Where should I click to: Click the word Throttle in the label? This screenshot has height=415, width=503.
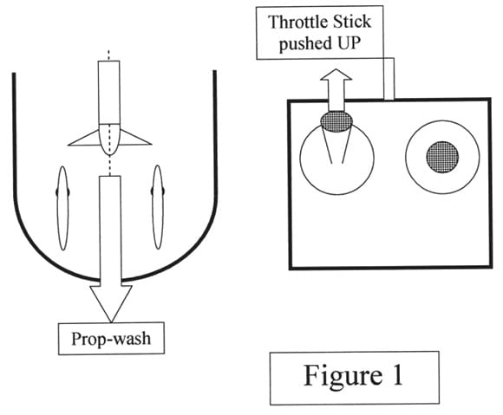click(297, 22)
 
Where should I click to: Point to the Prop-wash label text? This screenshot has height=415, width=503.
click(111, 339)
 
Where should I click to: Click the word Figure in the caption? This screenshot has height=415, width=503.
click(343, 376)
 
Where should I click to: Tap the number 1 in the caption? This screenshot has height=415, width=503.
click(398, 374)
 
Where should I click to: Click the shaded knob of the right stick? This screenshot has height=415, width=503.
click(442, 157)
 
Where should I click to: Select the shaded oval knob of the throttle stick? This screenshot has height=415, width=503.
click(336, 121)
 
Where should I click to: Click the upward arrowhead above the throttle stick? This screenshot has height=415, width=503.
click(336, 75)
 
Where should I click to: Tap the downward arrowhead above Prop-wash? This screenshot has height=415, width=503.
click(111, 303)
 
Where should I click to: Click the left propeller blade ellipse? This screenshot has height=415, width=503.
click(62, 208)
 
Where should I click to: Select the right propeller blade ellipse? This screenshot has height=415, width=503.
click(158, 207)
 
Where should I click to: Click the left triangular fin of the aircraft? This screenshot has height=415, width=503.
click(84, 139)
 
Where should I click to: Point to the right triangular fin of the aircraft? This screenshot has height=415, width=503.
click(135, 138)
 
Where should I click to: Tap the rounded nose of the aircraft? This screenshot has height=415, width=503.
click(109, 139)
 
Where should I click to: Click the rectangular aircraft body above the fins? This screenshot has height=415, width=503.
click(109, 93)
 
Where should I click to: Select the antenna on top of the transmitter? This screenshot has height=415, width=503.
click(389, 79)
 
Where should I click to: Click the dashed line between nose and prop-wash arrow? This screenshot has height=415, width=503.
click(110, 165)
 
